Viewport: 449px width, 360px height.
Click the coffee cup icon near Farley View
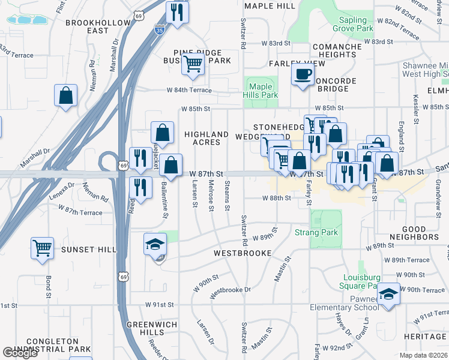point(303,75)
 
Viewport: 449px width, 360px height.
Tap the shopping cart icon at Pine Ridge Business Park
point(193,63)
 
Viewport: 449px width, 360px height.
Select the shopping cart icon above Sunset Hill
point(42,248)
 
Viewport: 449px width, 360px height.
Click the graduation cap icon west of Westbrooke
point(155,244)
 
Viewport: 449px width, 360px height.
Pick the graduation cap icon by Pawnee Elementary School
point(388,294)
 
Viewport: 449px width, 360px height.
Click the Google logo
point(20,353)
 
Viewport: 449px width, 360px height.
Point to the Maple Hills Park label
point(261,91)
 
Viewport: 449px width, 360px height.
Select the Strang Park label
point(316,232)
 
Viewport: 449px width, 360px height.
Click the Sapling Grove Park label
point(353,25)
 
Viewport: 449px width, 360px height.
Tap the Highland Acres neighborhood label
point(206,138)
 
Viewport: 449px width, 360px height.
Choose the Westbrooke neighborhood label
point(240,253)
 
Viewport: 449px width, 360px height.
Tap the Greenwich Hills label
point(145,328)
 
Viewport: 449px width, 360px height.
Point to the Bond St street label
point(48,287)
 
